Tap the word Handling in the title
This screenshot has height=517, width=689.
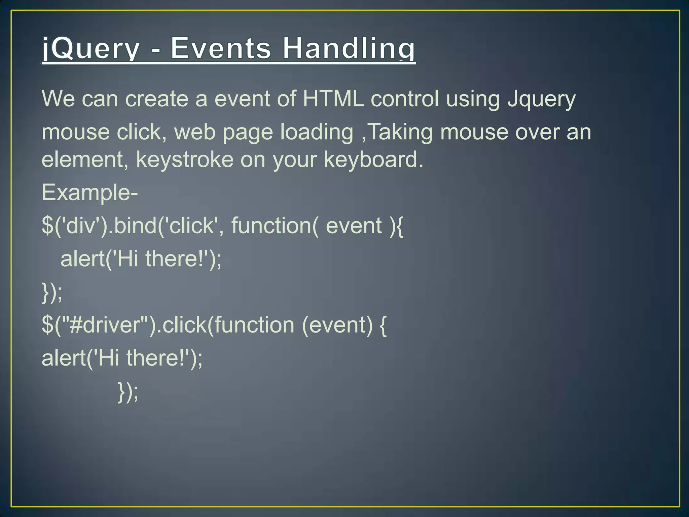pyautogui.click(x=349, y=49)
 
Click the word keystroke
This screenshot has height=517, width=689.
pyautogui.click(x=184, y=160)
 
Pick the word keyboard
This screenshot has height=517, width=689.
pyautogui.click(x=373, y=160)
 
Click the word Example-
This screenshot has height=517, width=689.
pyautogui.click(x=89, y=193)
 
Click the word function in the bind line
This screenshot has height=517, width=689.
pyautogui.click(x=274, y=226)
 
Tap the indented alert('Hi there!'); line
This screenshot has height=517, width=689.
pyautogui.click(x=141, y=259)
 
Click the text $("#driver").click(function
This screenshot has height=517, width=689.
pyautogui.click(x=168, y=325)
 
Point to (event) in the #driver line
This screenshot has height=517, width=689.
pyautogui.click(x=337, y=325)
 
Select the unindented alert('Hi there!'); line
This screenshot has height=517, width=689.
pyautogui.click(x=122, y=358)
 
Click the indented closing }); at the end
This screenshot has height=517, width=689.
pyautogui.click(x=128, y=392)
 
